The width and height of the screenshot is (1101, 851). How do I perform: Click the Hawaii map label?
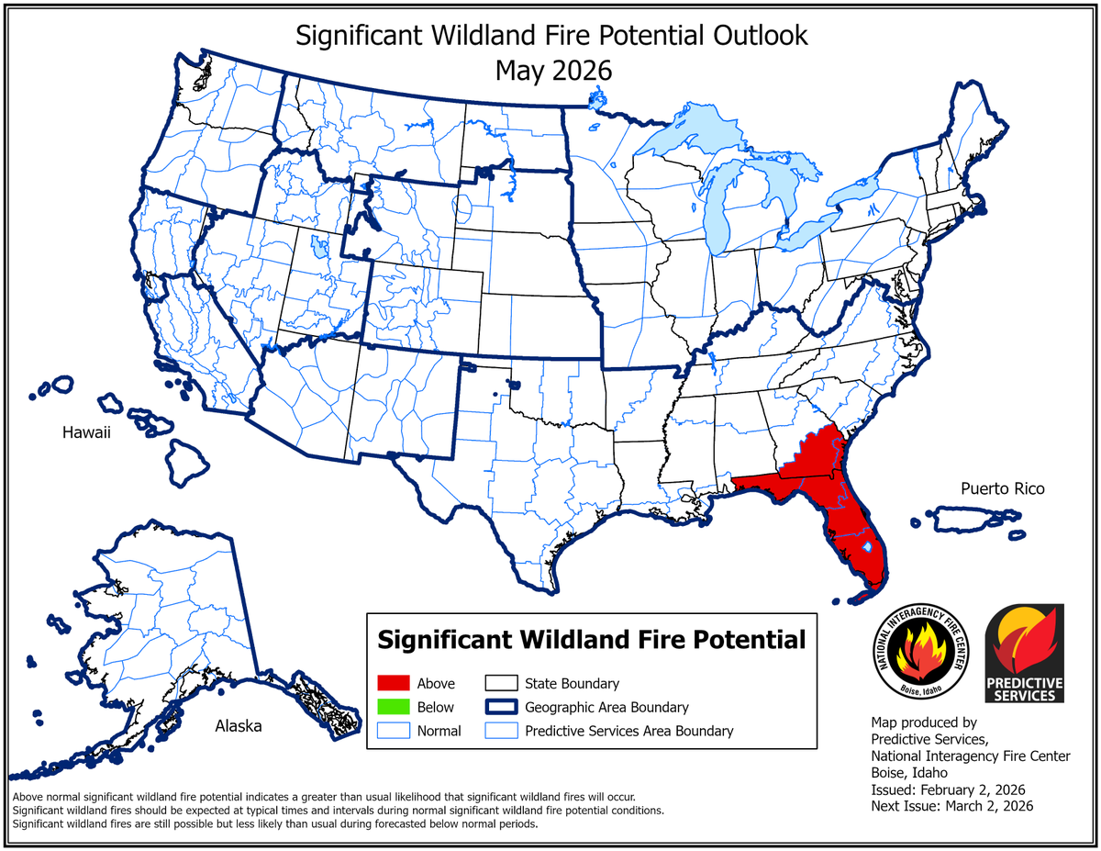86,432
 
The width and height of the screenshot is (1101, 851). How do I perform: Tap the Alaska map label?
239,726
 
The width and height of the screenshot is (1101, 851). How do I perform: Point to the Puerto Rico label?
1003,488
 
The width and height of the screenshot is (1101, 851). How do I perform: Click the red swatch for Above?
393,683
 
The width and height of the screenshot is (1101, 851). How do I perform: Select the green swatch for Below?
393,707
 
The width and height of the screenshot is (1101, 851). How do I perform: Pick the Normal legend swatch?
393,731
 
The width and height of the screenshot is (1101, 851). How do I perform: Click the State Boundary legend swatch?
500,683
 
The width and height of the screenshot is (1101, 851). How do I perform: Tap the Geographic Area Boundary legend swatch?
500,707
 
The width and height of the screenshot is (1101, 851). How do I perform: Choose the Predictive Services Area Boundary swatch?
500,731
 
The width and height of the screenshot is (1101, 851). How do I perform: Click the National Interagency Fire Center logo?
920,654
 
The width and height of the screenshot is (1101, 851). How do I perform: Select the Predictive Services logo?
1024,654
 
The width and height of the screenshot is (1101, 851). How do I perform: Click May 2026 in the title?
552,70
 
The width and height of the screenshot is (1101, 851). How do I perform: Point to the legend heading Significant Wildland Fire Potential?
592,638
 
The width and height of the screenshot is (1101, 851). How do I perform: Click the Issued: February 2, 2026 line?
948,789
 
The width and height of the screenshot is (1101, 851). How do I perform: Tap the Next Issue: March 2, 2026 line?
951,806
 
